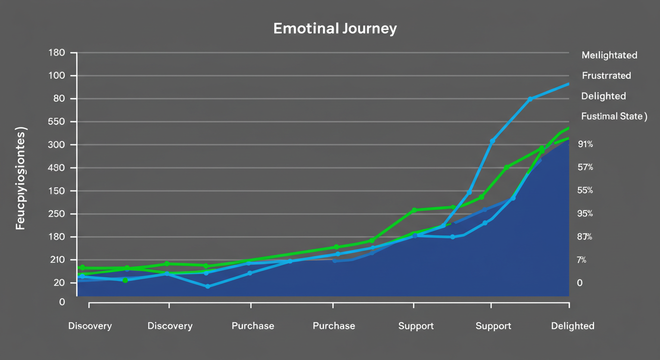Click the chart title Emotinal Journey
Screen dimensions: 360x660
335,29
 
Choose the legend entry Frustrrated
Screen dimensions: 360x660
606,75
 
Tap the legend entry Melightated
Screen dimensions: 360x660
609,55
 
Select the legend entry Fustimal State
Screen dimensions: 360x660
614,116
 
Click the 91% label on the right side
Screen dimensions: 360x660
585,144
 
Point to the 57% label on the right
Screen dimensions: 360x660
585,167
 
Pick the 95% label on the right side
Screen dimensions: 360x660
585,214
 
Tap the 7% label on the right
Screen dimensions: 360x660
581,260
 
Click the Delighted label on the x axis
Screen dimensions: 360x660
572,326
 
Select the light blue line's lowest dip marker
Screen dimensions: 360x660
208,286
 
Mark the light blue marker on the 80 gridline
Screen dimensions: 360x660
530,99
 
